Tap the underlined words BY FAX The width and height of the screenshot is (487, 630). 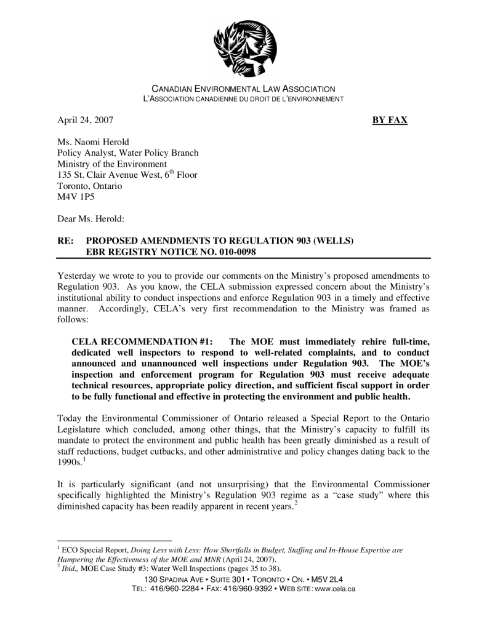(x=390, y=121)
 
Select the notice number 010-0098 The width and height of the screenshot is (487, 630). (x=232, y=252)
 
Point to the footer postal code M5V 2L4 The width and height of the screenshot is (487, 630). (x=324, y=580)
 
